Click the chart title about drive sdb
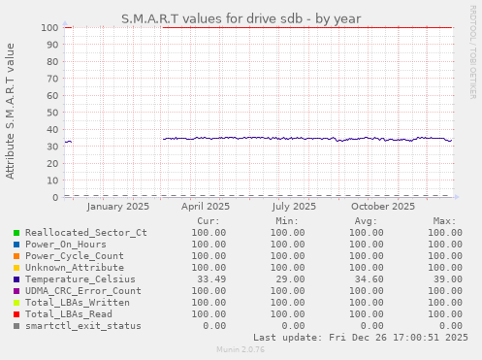click(241, 18)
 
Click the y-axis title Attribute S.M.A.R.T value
click(11, 111)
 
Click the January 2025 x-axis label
click(117, 206)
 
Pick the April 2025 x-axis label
click(206, 206)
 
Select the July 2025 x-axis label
click(294, 206)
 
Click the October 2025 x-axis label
click(383, 206)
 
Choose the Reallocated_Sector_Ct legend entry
click(85, 233)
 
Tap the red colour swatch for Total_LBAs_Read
click(16, 313)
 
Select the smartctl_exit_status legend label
click(82, 325)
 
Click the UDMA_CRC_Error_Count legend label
click(82, 290)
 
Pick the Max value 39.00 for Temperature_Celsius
click(442, 278)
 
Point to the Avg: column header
click(369, 221)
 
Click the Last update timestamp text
click(361, 337)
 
